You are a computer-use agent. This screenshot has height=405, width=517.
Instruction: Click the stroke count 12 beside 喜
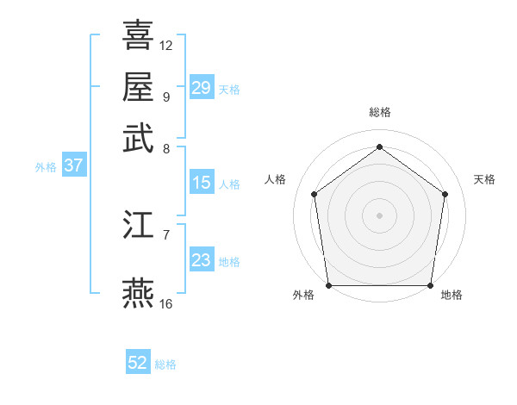coord(166,45)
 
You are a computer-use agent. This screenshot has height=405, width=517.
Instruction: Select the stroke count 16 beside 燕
coord(166,303)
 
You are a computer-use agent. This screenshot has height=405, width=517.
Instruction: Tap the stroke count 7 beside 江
coord(166,234)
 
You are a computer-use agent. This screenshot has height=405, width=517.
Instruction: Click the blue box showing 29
coord(201,88)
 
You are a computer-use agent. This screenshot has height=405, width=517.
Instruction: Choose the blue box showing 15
coord(201,183)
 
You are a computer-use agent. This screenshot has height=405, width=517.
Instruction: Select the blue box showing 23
coord(201,261)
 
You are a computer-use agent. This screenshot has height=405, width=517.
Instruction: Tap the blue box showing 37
coord(73,166)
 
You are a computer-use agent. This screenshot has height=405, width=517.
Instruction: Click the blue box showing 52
coord(138,363)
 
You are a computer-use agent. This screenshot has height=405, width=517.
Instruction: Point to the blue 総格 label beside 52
coord(165,364)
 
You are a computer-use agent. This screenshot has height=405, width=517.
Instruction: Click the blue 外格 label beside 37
coord(46,167)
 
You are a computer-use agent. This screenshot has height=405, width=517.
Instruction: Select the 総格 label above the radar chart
coord(379,112)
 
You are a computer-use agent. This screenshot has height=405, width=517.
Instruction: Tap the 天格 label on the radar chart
coord(484,179)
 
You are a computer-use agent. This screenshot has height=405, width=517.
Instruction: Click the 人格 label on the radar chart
coord(276,179)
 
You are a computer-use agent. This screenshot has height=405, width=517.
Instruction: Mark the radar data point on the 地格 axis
coord(430,285)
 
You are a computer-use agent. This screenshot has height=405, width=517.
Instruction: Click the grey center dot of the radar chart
coord(379,215)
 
